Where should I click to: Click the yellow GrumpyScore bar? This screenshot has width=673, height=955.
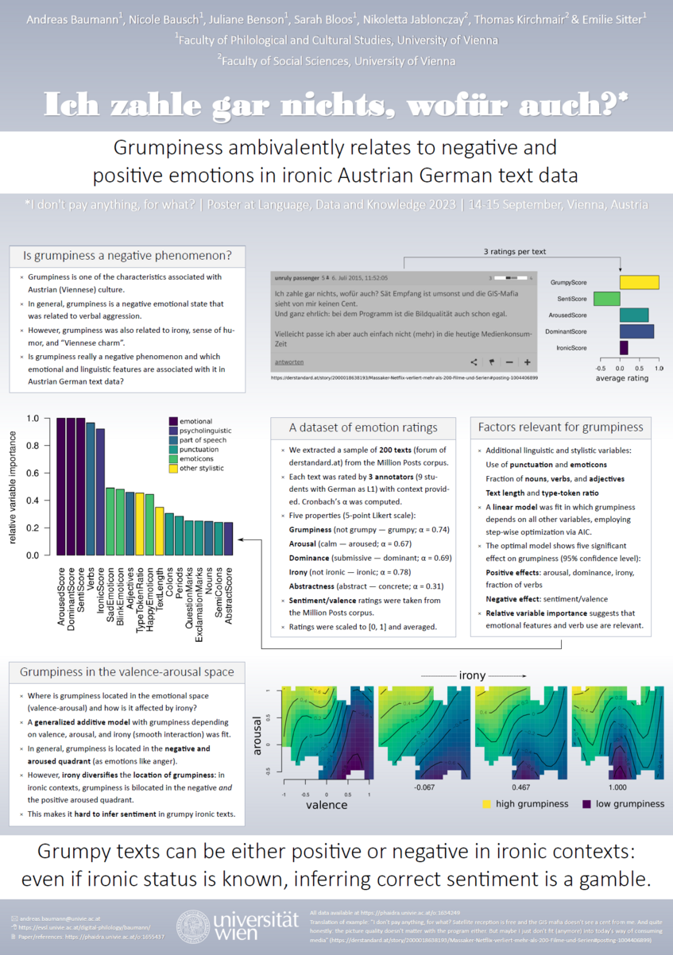click(639, 282)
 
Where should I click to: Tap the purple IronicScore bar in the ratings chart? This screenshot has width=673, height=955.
click(624, 347)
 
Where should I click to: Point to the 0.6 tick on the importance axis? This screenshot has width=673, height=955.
click(33, 473)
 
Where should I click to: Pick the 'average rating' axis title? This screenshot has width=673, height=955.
click(622, 378)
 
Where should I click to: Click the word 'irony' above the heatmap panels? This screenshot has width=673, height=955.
click(471, 675)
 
